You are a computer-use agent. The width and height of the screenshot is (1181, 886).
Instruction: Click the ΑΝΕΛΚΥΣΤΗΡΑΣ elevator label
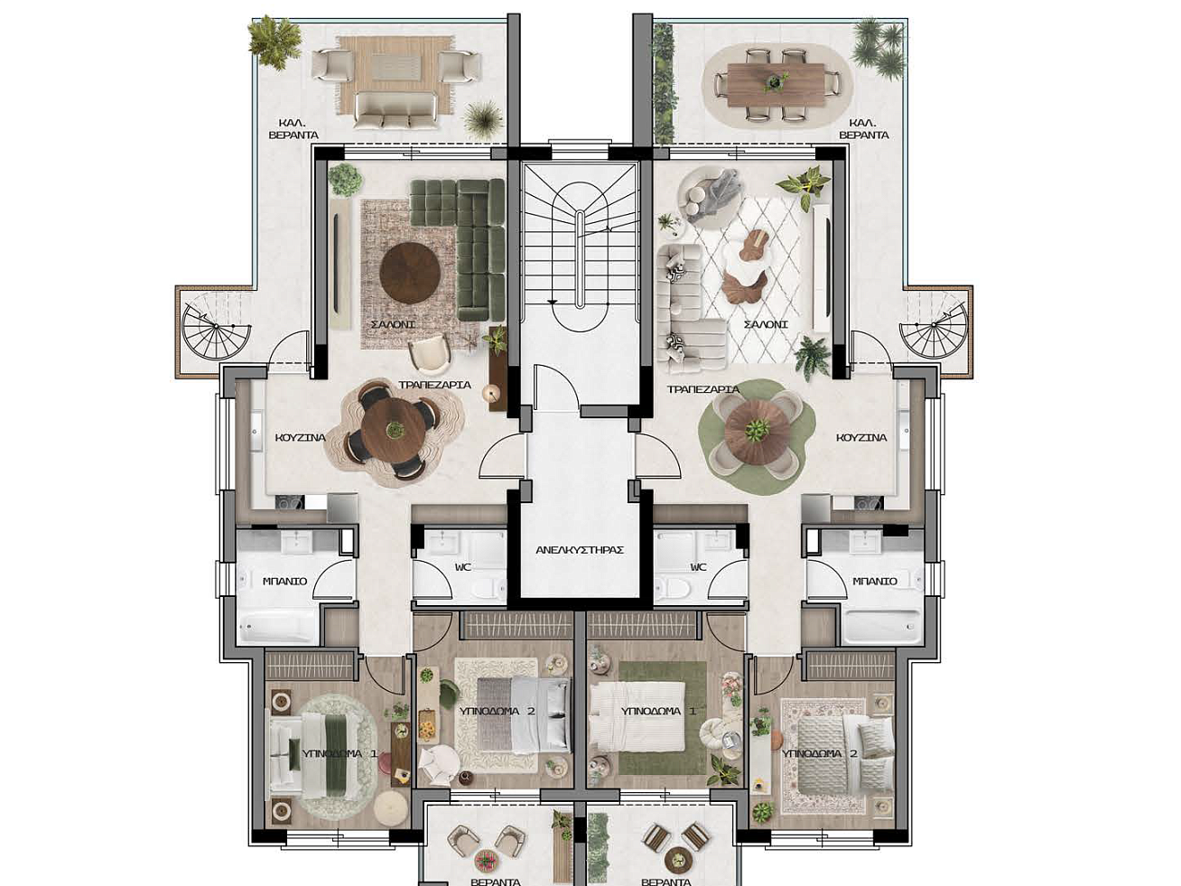pyautogui.click(x=580, y=550)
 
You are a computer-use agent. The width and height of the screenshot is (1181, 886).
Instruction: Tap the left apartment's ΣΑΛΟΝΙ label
pyautogui.click(x=394, y=324)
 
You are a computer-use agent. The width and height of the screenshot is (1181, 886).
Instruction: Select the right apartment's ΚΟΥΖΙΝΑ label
pyautogui.click(x=860, y=438)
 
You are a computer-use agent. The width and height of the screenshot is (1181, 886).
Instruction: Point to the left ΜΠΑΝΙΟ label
pyautogui.click(x=284, y=582)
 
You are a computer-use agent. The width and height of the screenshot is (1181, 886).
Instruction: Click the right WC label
pyautogui.click(x=697, y=567)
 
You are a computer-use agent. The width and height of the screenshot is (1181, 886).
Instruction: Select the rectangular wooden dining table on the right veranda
pyautogui.click(x=776, y=85)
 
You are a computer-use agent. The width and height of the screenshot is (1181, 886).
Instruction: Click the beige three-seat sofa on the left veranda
pyautogui.click(x=395, y=110)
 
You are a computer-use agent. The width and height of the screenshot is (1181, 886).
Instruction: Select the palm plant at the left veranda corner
pyautogui.click(x=275, y=42)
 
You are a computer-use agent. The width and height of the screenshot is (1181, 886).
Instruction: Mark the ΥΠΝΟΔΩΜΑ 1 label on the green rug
pyautogui.click(x=658, y=711)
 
